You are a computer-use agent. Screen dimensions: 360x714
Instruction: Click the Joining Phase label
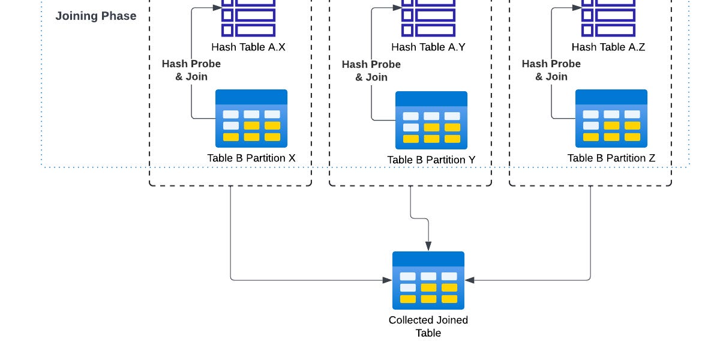click(x=95, y=16)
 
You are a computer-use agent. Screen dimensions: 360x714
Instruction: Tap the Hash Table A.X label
click(x=248, y=47)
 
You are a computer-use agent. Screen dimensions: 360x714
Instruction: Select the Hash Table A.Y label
click(x=428, y=47)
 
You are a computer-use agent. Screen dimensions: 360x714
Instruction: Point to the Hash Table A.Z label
click(x=608, y=47)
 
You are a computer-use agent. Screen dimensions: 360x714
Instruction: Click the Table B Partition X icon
click(x=251, y=119)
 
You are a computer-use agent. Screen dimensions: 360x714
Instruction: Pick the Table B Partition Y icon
click(x=431, y=120)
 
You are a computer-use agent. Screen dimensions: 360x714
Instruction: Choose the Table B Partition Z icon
click(x=611, y=119)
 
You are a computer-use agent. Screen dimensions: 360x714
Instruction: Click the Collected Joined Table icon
click(x=428, y=280)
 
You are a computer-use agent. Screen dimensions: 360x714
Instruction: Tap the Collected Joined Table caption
click(x=428, y=326)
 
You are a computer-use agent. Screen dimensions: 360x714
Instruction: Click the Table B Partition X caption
click(x=251, y=158)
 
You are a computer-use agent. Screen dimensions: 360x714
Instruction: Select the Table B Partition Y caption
click(x=431, y=160)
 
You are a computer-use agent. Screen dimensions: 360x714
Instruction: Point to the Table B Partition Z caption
click(x=611, y=158)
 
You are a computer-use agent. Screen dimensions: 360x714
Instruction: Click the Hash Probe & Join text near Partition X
click(x=191, y=70)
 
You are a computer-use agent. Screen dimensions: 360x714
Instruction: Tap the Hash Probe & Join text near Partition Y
click(x=371, y=70)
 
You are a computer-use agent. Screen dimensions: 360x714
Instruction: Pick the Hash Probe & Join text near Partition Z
click(x=551, y=70)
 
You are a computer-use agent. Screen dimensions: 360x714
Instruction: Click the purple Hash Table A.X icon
click(x=248, y=17)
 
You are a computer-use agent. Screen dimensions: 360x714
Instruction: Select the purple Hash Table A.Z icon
click(x=608, y=17)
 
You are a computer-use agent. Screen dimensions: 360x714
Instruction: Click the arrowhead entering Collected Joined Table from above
click(x=428, y=246)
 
